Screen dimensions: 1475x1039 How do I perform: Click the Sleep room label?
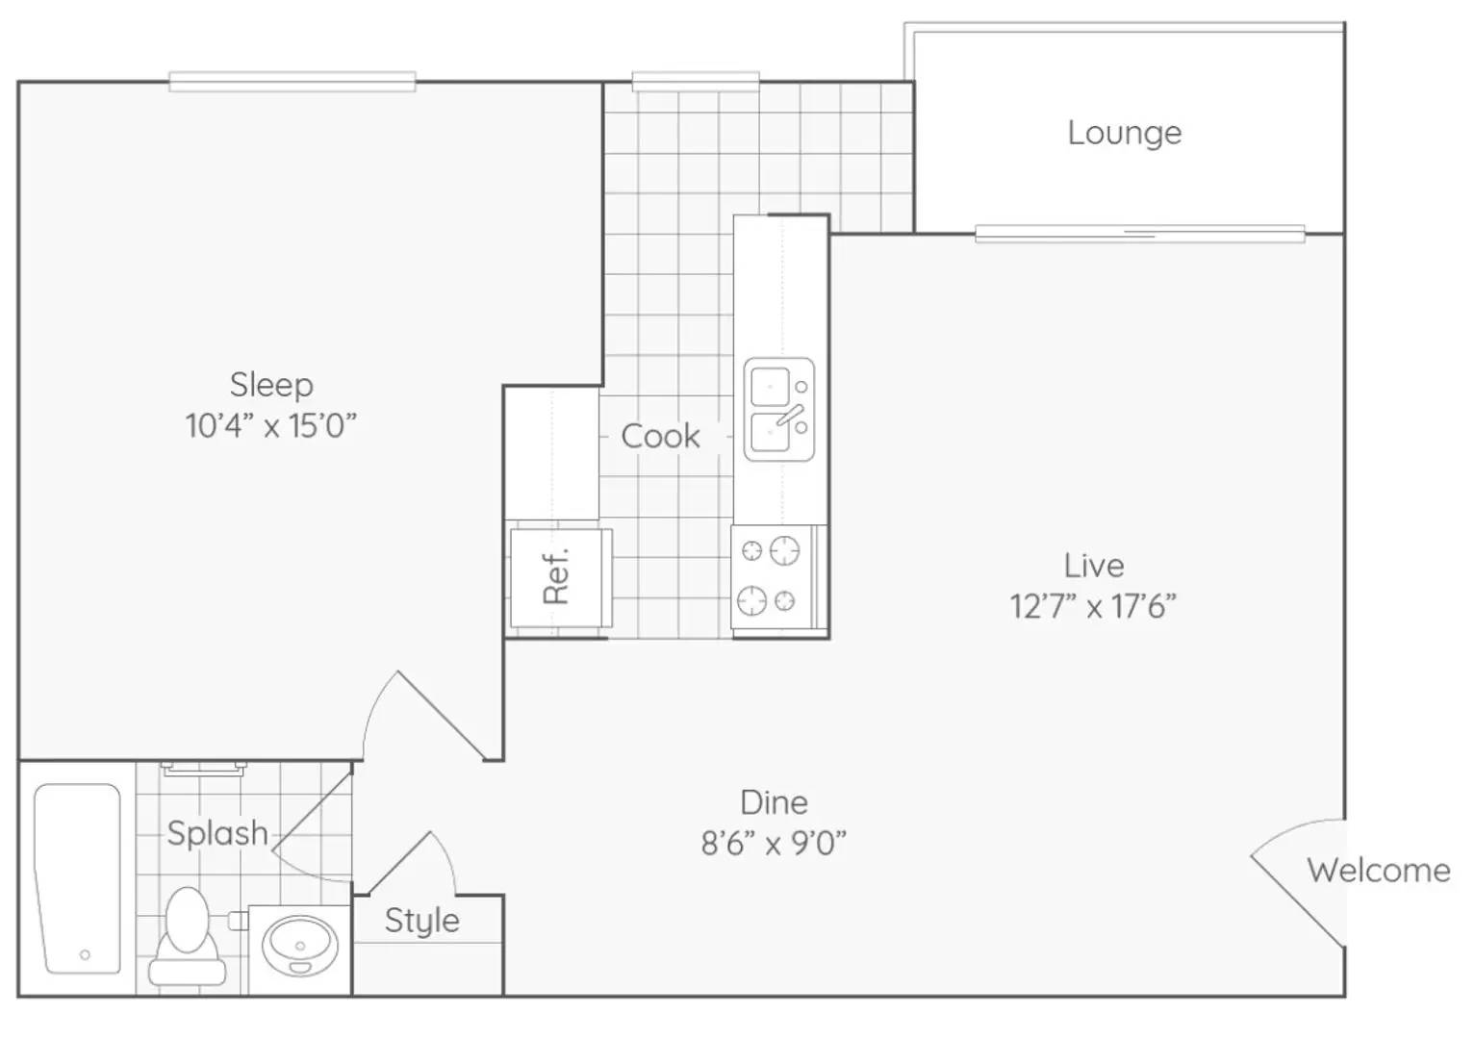[x=271, y=386]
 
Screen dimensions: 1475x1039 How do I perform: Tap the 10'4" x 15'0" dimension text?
[x=271, y=426]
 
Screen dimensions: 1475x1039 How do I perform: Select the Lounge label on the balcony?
[x=1125, y=134]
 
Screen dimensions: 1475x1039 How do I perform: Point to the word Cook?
[x=660, y=437]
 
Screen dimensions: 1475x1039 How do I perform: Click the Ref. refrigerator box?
[x=561, y=577]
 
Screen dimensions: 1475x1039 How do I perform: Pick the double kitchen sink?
[x=779, y=409]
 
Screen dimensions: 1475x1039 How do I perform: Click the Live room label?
[x=1094, y=567]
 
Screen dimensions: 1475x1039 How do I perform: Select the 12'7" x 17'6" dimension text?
[x=1093, y=606]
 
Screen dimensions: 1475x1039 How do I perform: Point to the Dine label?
[x=774, y=802]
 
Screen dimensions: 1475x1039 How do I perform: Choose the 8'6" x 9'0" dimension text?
[x=774, y=843]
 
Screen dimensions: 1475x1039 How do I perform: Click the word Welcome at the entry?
[x=1379, y=871]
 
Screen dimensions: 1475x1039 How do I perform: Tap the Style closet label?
[x=422, y=922]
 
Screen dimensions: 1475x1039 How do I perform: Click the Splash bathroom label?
[x=218, y=834]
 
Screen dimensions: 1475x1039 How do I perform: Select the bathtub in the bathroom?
[x=78, y=878]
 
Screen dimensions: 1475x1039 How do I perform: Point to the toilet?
[x=187, y=936]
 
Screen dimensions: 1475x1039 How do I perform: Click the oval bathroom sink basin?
[x=299, y=946]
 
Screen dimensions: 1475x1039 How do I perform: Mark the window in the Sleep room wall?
[x=292, y=82]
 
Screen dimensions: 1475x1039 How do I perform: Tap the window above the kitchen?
[x=696, y=82]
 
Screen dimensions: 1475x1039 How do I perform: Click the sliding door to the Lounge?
[x=1140, y=234]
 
